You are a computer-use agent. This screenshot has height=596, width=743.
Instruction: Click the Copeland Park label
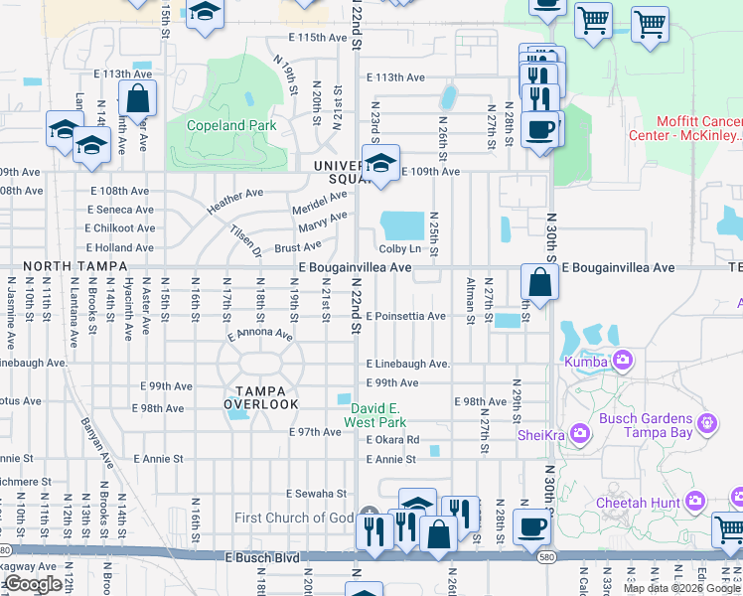pos(233,126)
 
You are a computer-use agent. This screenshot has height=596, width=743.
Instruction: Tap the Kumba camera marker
pos(623,359)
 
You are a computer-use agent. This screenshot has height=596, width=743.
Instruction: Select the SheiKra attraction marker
pos(579,433)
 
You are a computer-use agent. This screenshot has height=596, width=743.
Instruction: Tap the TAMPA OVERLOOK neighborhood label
pos(260,397)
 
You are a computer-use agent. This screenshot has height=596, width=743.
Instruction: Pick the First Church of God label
pos(294,518)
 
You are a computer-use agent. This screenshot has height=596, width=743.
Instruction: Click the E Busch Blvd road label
pos(261,558)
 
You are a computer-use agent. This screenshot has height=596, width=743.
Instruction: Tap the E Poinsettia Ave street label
pos(405,316)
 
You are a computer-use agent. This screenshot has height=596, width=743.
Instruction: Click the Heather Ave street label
pos(234,202)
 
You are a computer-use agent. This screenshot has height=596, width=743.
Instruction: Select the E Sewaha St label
pos(315,493)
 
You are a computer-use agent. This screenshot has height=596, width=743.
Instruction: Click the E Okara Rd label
pos(392,439)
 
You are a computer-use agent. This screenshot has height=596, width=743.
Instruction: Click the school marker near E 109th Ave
pos(379,164)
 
